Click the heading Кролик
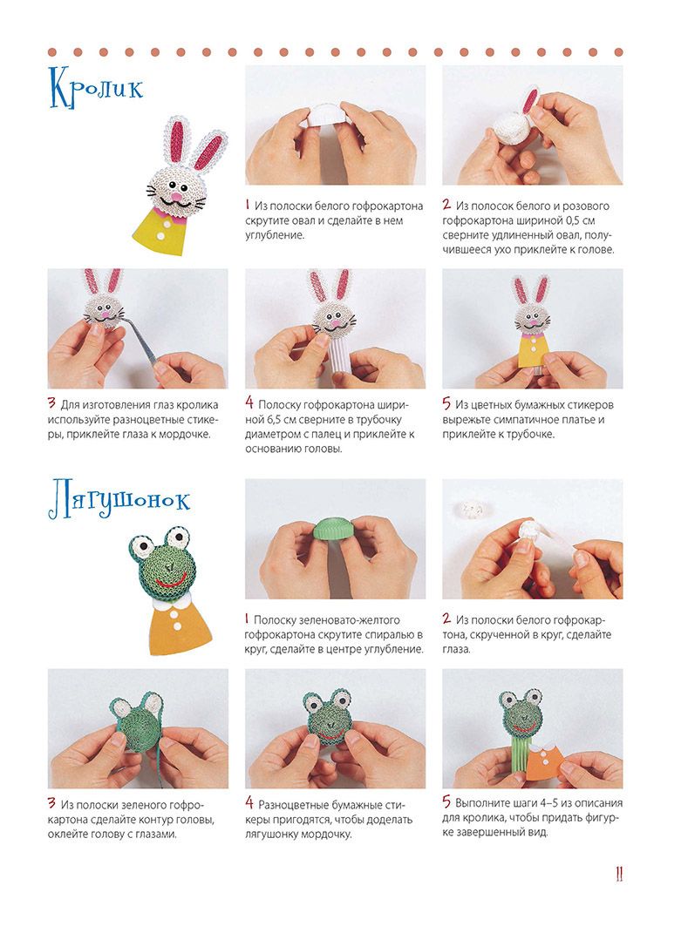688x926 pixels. [96, 89]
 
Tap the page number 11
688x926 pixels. [619, 874]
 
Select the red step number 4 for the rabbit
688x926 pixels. [249, 403]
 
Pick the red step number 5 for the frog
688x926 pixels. [446, 802]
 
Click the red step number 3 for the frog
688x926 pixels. [52, 803]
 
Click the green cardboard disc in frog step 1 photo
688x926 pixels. [334, 526]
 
